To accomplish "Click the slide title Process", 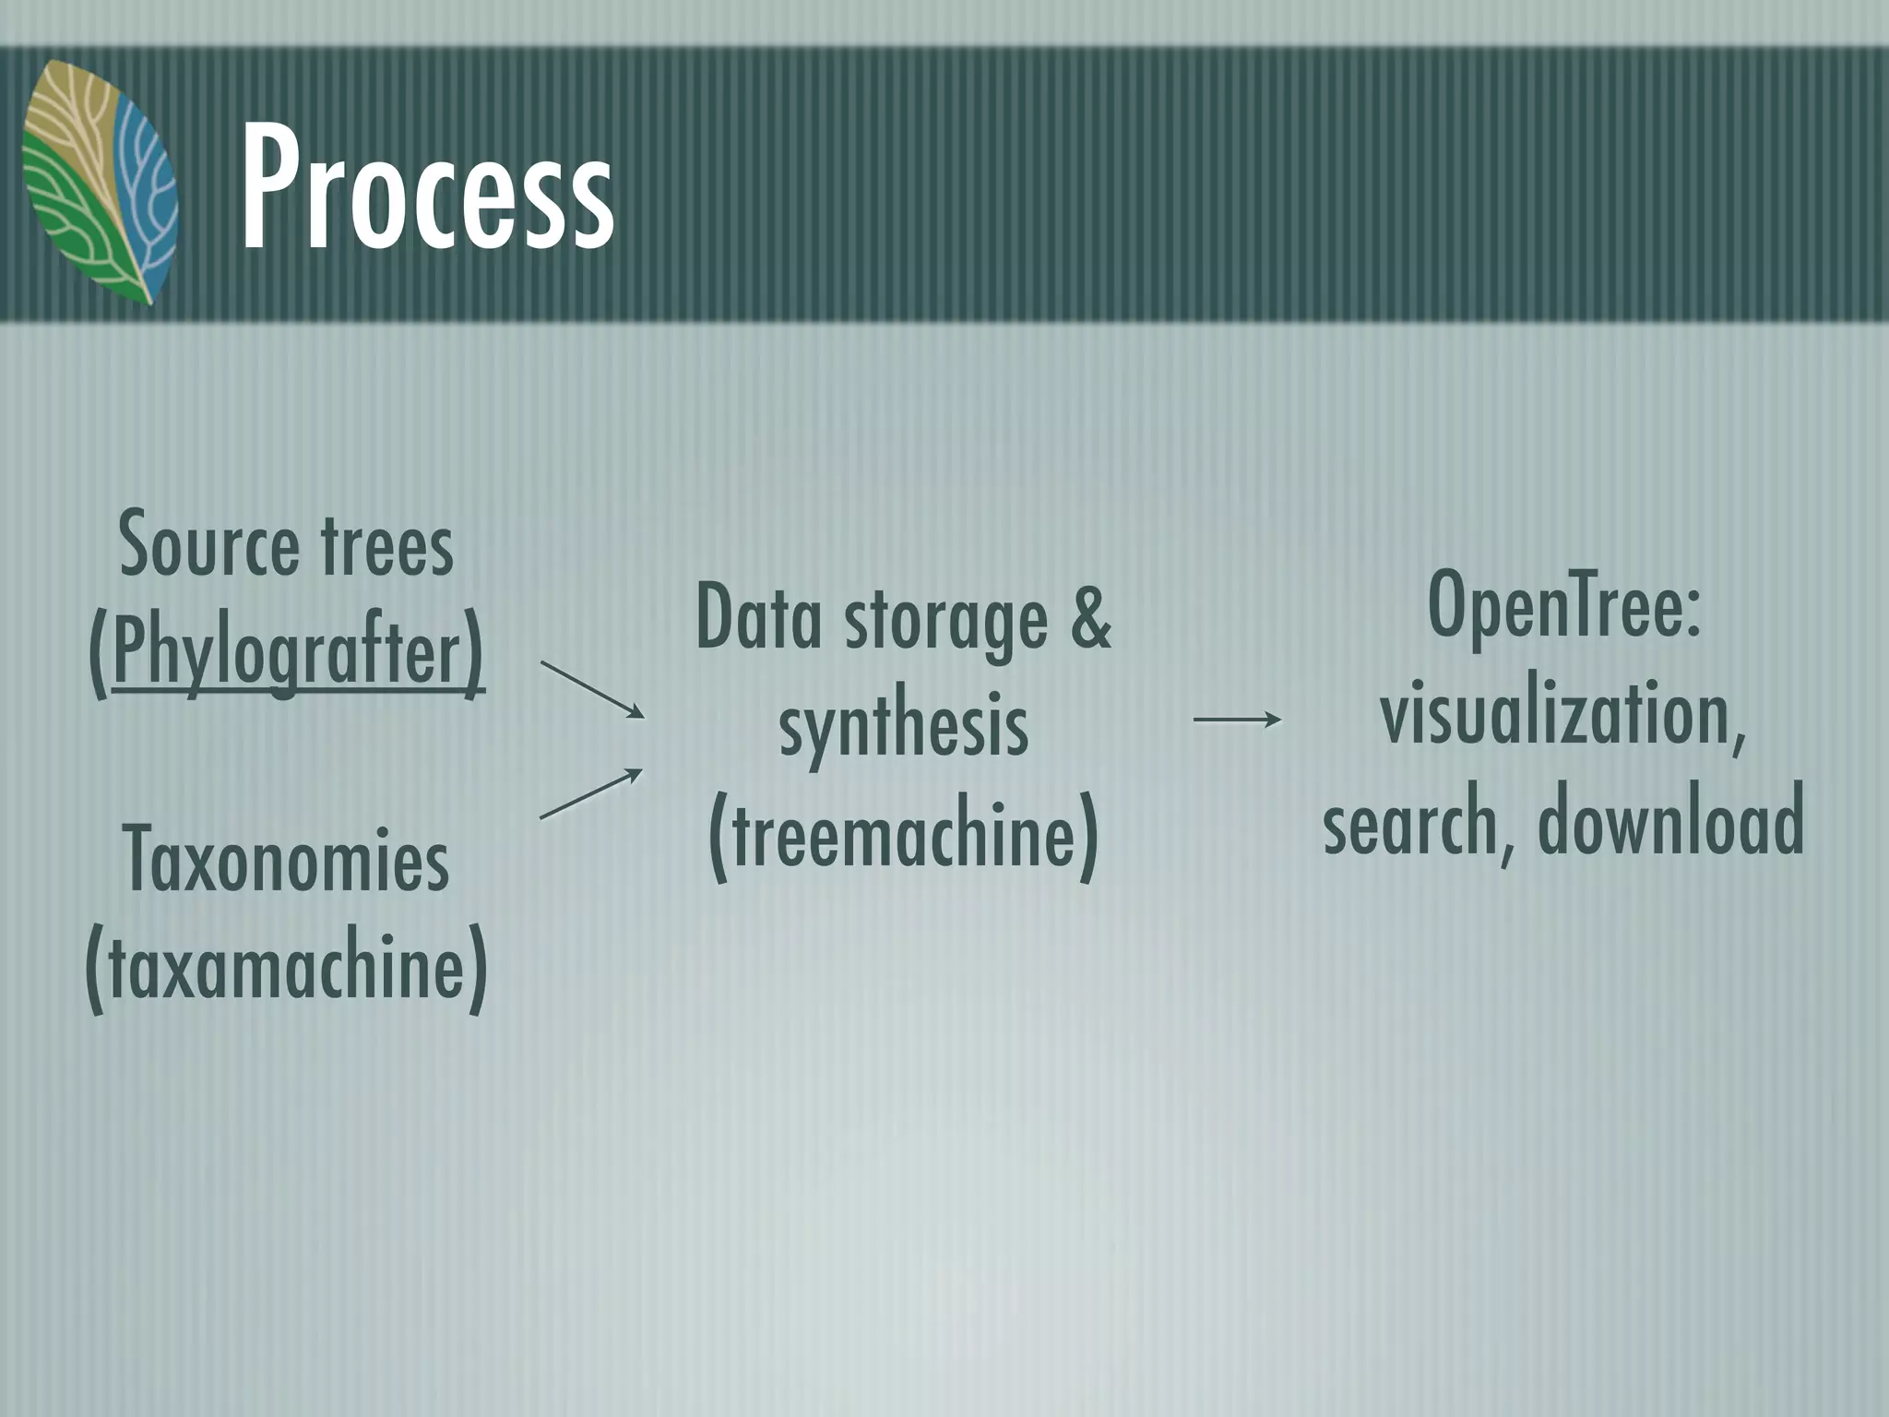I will pyautogui.click(x=426, y=189).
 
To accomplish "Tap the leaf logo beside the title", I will pyautogui.click(x=100, y=183).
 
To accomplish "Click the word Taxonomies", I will pyautogui.click(x=286, y=860).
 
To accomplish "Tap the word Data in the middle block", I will pyautogui.click(x=758, y=619).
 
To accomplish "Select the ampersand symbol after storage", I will pyautogui.click(x=1091, y=616).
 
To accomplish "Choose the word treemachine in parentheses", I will pyautogui.click(x=904, y=833).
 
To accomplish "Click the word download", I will pyautogui.click(x=1670, y=819).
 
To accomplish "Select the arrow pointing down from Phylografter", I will pyautogui.click(x=592, y=689).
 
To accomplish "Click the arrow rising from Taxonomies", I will pyautogui.click(x=591, y=792).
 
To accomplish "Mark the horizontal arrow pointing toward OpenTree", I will pyautogui.click(x=1237, y=719).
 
